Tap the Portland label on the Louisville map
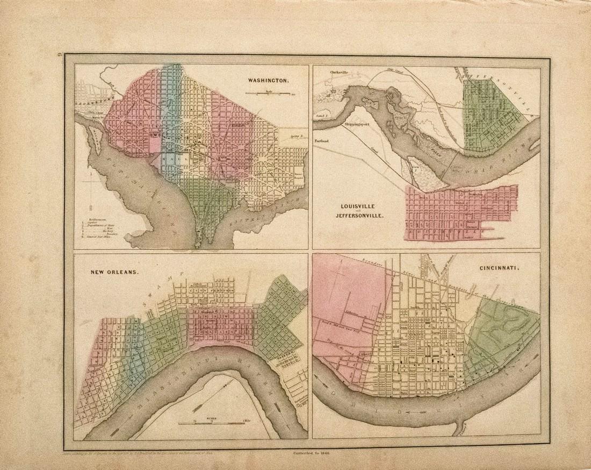tap(327, 141)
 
